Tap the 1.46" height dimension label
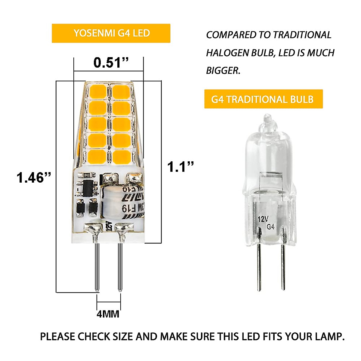[34, 177]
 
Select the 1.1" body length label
[180, 167]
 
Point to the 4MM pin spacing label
[108, 314]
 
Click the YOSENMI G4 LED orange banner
[111, 33]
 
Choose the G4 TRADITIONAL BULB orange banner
[263, 99]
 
